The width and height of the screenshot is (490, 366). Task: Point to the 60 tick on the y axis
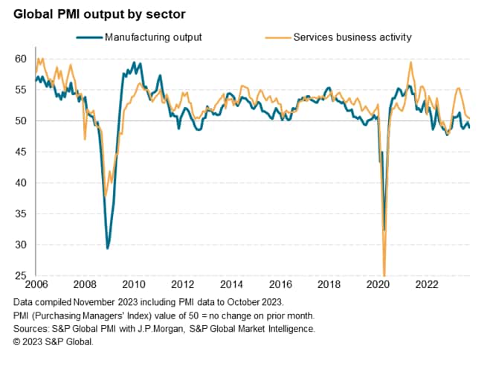click(x=21, y=59)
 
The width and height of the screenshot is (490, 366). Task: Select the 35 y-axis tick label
click(x=21, y=214)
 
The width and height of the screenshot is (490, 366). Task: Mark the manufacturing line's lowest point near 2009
click(x=108, y=248)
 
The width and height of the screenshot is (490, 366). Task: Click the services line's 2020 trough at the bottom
click(x=384, y=275)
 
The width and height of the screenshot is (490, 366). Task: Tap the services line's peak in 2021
click(x=411, y=62)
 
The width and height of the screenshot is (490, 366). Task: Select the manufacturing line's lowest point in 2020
click(x=384, y=231)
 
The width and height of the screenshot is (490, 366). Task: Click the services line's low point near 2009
click(x=106, y=195)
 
